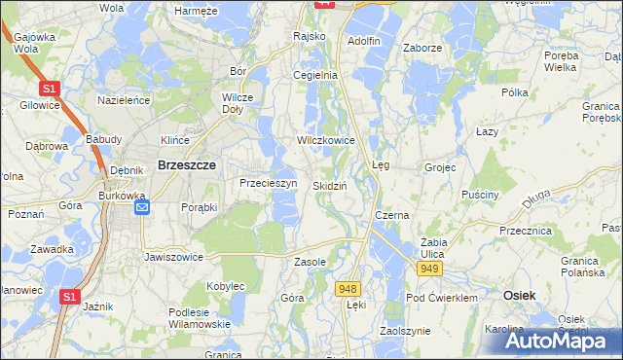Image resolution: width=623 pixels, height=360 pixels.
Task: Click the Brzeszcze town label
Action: coord(181,166)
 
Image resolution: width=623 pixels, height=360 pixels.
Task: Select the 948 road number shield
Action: coord(348,288)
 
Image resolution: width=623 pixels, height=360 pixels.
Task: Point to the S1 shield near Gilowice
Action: coord(52,89)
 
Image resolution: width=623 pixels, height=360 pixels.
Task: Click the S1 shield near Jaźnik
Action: coord(68,297)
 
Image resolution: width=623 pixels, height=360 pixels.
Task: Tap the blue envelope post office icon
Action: coord(142,207)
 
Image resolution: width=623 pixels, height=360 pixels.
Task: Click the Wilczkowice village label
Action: coord(326,140)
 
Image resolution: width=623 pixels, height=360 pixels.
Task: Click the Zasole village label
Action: coord(310,262)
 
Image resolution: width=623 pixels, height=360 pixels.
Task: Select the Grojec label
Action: coord(440,167)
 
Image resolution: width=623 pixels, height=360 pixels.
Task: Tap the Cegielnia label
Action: coord(315,74)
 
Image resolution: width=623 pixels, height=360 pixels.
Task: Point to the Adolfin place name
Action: coord(363,42)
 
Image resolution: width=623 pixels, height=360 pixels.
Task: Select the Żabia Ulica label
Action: coord(426,247)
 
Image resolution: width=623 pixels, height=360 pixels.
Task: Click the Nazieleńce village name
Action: coord(122,99)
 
